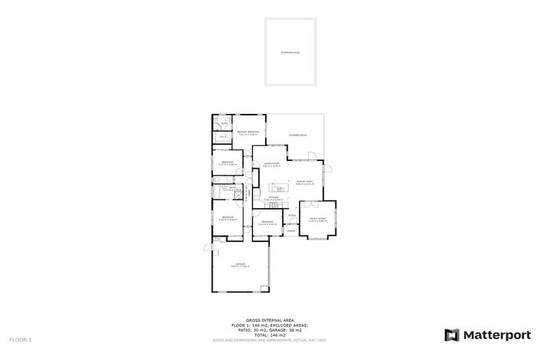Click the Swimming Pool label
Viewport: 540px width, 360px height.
pyautogui.click(x=290, y=52)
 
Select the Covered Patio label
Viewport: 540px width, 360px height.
pyautogui.click(x=297, y=135)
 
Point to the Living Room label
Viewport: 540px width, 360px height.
pyautogui.click(x=272, y=165)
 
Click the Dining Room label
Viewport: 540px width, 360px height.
pyautogui.click(x=304, y=181)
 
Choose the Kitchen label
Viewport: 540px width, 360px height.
pyautogui.click(x=273, y=199)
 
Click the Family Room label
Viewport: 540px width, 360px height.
pyautogui.click(x=318, y=219)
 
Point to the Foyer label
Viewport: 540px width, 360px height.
pyautogui.click(x=291, y=216)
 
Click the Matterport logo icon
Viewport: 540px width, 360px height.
pyautogui.click(x=452, y=335)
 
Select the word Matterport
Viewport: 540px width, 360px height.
pyautogui.click(x=497, y=335)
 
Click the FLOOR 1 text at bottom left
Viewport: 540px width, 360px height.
pyautogui.click(x=20, y=339)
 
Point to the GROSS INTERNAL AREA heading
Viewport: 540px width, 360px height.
pyautogui.click(x=270, y=319)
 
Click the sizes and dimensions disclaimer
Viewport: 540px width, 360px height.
pyautogui.click(x=270, y=340)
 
